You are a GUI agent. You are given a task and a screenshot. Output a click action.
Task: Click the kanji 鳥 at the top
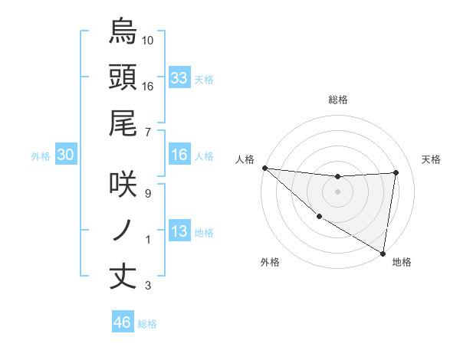point(123,31)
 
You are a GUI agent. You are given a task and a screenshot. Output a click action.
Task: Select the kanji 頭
point(123,77)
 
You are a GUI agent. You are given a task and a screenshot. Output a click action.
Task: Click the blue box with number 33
point(179,78)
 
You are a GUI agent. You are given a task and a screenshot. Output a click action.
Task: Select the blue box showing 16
point(179,155)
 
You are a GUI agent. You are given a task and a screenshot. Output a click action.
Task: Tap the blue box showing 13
point(179,232)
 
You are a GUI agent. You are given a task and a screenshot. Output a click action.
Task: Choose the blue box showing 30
point(66,155)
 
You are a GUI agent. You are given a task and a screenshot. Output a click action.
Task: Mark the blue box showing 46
point(122,322)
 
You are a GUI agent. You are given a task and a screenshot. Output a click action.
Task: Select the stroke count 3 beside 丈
point(148,286)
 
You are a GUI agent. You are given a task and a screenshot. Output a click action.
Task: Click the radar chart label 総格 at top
point(338,100)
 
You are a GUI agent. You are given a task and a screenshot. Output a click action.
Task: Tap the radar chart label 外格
point(270,263)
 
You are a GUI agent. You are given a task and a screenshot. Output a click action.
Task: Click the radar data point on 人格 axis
point(264,168)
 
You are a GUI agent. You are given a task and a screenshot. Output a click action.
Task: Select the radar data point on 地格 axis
point(383,252)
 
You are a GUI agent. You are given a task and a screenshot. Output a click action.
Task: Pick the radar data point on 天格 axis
point(396,172)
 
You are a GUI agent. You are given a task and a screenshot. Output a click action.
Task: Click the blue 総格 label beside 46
point(147,324)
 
